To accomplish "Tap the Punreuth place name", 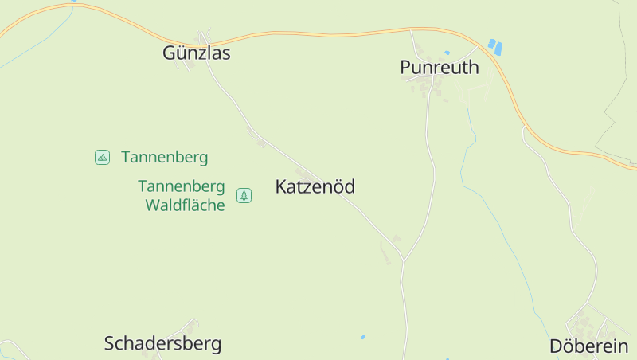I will click(x=440, y=68).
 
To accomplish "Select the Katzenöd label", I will click(x=315, y=187).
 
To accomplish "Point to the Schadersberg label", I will click(x=162, y=344).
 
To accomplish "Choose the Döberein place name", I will click(x=589, y=346).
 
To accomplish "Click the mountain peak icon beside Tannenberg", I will click(x=102, y=157).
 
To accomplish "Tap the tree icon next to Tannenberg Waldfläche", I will click(x=244, y=195).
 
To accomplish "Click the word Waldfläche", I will click(x=185, y=205).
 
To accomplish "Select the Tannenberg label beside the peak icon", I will click(x=164, y=157).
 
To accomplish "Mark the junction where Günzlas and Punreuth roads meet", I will click(x=404, y=260).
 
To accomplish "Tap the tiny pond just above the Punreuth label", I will click(x=447, y=53).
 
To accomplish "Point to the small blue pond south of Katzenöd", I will click(x=363, y=337).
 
